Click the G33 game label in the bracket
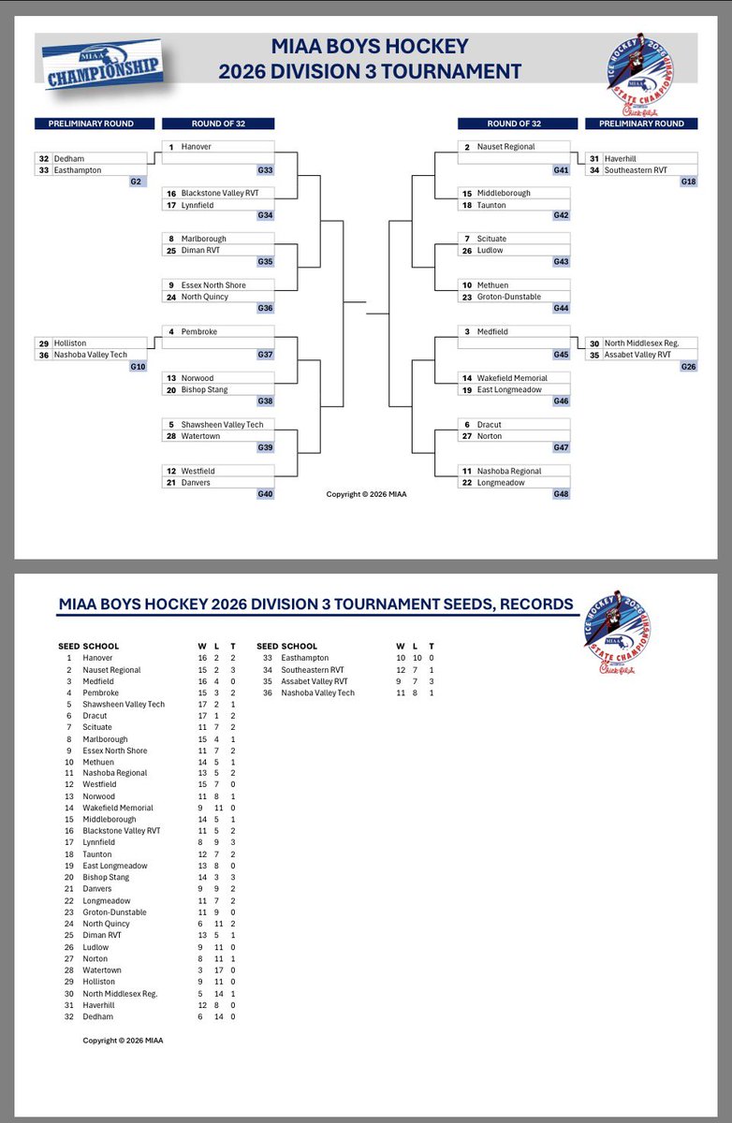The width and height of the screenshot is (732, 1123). coord(265,170)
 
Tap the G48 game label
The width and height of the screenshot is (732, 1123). coord(560,494)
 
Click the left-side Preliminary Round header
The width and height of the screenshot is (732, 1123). coord(91,124)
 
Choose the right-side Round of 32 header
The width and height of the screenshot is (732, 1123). coord(513,124)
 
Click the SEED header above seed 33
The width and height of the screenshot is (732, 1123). coord(267,647)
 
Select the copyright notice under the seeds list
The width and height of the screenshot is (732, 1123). coord(123,1040)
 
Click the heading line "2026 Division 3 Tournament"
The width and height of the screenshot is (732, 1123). coord(369,70)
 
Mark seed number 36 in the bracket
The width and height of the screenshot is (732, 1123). coord(43,355)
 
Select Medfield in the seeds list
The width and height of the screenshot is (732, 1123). coord(98,681)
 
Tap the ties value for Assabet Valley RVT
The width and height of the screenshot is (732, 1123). coord(432,681)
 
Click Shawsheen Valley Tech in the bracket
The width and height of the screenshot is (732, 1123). coord(223,425)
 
